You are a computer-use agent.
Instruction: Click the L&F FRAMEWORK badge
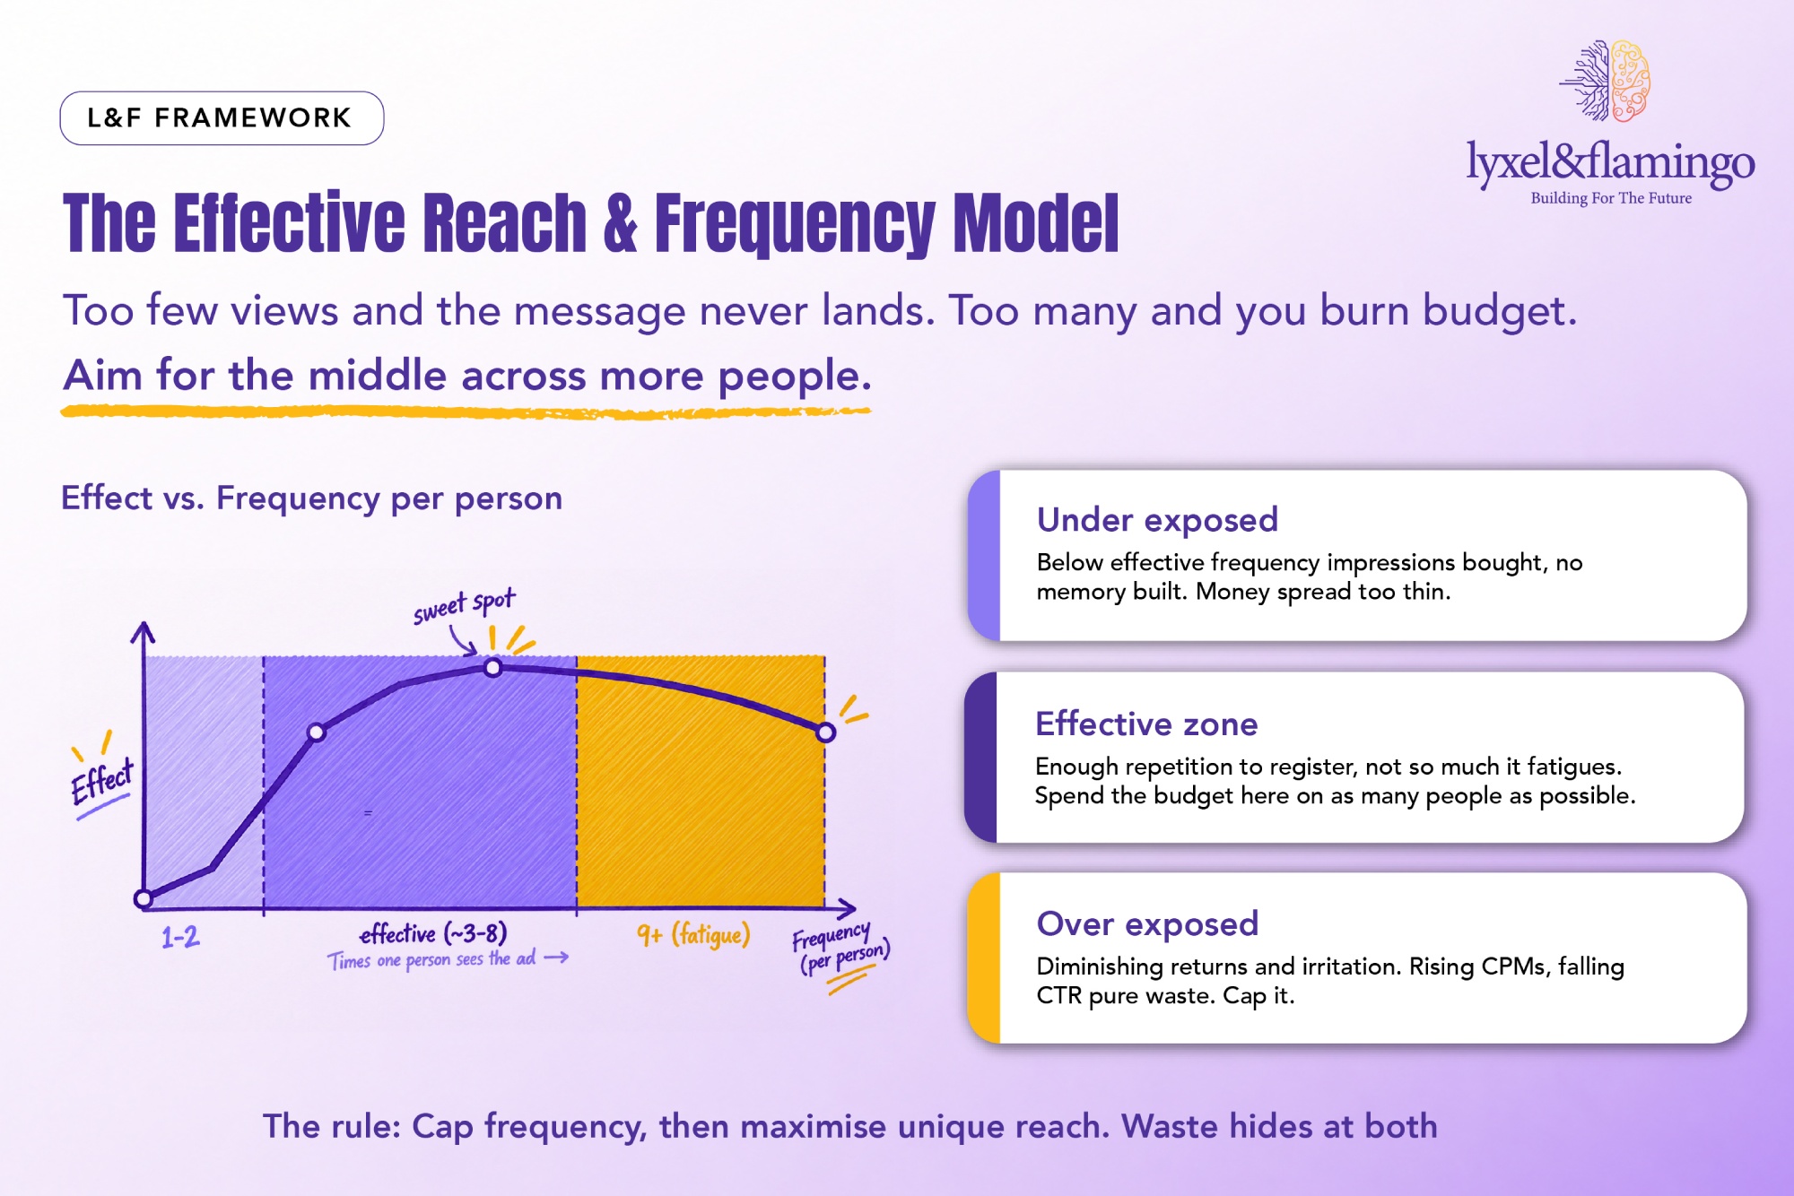[222, 117]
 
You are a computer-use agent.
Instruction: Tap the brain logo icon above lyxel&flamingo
[1606, 81]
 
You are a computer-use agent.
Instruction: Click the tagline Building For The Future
[1611, 198]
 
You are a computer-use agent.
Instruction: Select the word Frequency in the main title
[795, 223]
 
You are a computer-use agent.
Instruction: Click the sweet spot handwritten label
[464, 606]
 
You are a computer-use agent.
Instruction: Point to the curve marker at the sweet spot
[492, 667]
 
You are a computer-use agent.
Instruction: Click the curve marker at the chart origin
[144, 898]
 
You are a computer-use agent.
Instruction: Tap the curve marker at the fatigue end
[825, 732]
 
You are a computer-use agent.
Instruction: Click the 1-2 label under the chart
[180, 938]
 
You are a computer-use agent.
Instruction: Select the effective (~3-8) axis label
[433, 934]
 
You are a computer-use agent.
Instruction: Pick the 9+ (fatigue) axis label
[693, 935]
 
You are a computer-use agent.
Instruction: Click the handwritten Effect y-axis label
[102, 780]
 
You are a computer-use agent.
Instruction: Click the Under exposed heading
[1157, 520]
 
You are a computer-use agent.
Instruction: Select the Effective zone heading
[1146, 724]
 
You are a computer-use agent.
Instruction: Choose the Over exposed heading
[1147, 924]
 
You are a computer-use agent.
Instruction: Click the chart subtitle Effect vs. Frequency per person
[311, 498]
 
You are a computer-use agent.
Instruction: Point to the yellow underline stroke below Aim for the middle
[466, 412]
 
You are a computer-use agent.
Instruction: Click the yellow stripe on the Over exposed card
[985, 958]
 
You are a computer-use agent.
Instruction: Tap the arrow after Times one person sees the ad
[556, 958]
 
